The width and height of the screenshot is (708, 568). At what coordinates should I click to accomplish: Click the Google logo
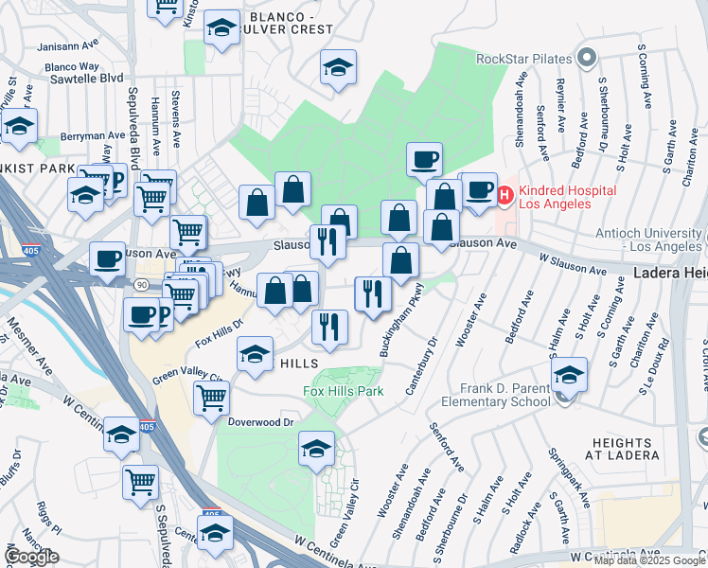[31, 557]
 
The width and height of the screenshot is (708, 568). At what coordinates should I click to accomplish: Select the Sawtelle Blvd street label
[84, 78]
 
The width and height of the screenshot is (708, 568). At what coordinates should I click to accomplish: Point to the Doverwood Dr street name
[262, 420]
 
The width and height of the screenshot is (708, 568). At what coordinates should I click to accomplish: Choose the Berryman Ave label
[63, 136]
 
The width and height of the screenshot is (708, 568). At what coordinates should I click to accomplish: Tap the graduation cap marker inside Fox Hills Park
[316, 448]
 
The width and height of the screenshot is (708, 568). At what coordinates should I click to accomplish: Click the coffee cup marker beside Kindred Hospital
[479, 189]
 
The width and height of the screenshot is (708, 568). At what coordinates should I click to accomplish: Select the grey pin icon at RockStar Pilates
[587, 59]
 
